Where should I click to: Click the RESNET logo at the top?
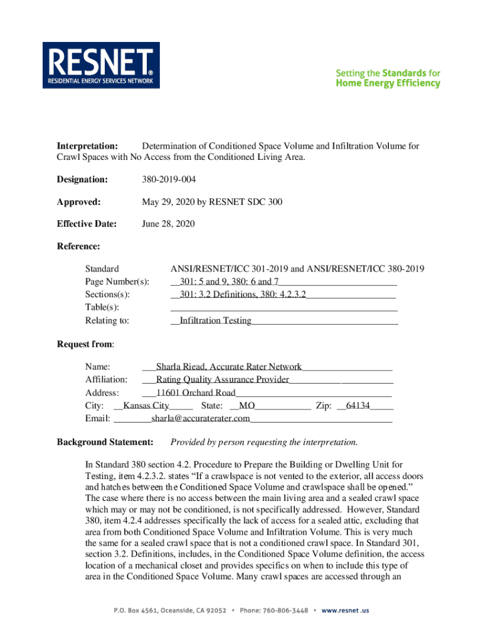pos(101,65)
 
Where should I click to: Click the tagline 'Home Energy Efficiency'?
pos(388,83)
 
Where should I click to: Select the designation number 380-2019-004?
pos(169,180)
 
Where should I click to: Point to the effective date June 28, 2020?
pos(169,224)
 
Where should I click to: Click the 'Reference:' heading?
pos(78,246)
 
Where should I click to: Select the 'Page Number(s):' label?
pos(117,282)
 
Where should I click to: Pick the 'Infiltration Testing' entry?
pos(215,320)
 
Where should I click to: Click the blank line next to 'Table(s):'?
pos(284,307)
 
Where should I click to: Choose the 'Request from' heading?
pos(85,344)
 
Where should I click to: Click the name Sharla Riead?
pos(182,367)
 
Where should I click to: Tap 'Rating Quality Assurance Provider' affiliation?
pos(222,379)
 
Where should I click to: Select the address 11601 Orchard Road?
pos(196,392)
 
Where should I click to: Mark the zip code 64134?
pos(358,406)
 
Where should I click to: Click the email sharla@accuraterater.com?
pos(200,418)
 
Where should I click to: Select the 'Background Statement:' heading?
pos(105,443)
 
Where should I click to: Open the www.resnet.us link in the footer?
pos(345,610)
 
